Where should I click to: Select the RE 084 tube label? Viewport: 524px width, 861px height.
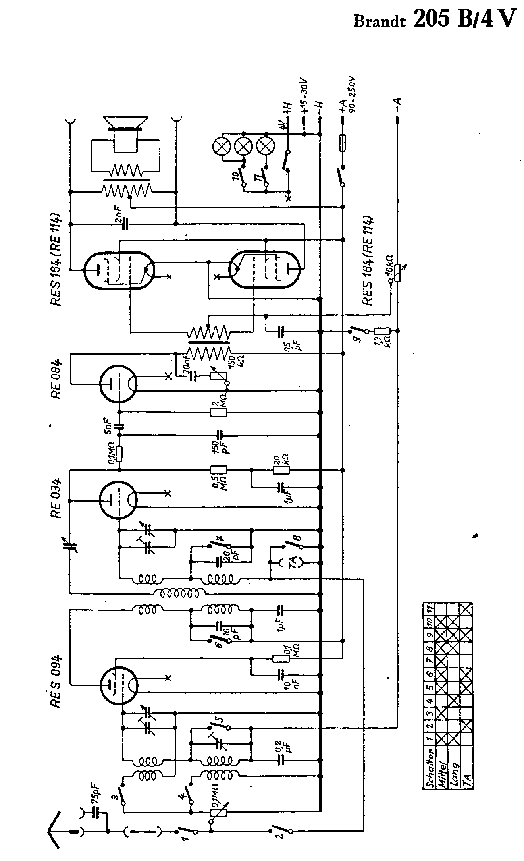56,379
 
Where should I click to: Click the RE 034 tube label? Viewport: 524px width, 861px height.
56,498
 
